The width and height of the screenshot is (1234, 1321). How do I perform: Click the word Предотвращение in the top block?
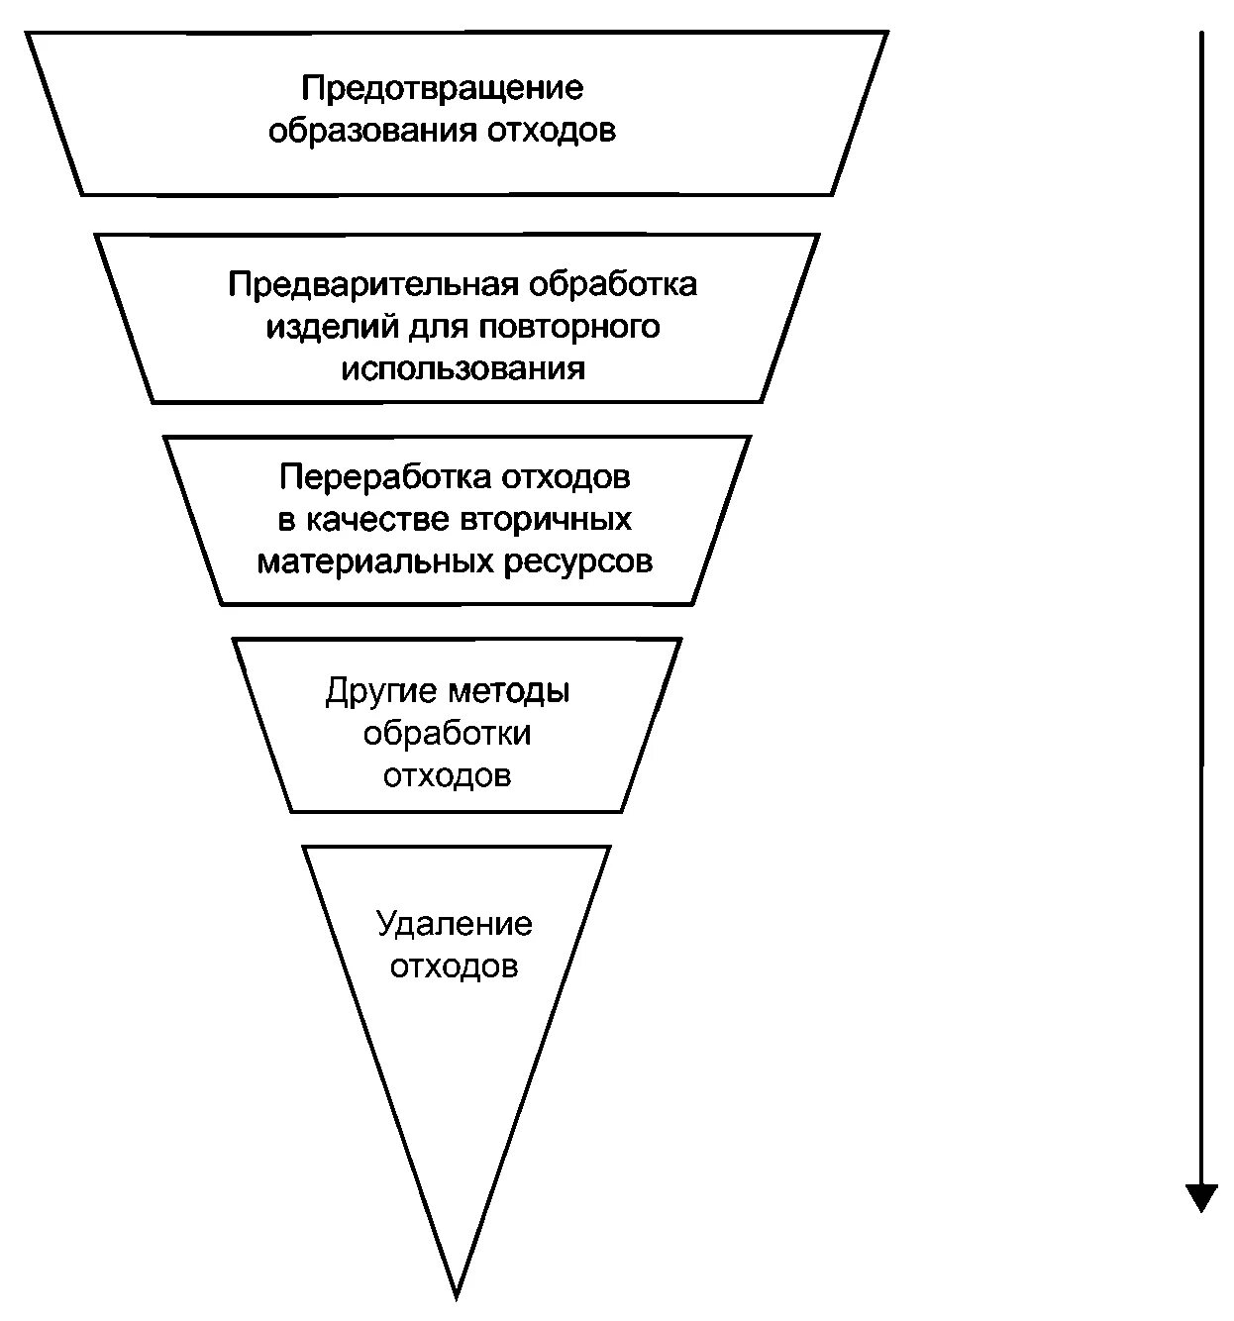click(x=443, y=88)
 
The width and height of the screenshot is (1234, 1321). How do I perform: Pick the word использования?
click(x=463, y=369)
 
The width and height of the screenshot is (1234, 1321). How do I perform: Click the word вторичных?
click(x=546, y=520)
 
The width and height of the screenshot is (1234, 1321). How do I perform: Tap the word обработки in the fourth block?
click(x=447, y=733)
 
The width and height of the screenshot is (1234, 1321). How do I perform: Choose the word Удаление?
click(x=455, y=924)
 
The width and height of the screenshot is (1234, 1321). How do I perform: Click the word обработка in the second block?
click(x=613, y=285)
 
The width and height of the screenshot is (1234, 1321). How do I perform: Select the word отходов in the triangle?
click(x=454, y=965)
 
